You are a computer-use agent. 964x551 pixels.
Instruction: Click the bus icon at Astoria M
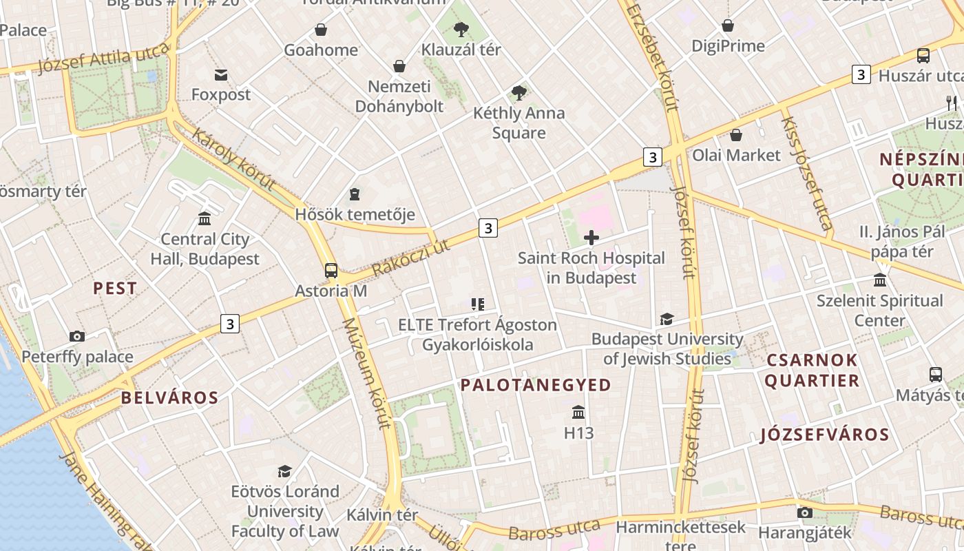[x=331, y=270]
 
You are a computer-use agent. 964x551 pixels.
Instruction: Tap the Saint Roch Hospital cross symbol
[x=591, y=238]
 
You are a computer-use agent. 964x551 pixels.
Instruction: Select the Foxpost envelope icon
[x=221, y=74]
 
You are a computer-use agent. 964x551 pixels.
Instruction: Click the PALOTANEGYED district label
[x=536, y=385]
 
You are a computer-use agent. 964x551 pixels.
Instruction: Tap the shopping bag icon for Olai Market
[x=736, y=135]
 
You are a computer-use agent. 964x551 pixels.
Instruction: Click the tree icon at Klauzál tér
[x=461, y=30]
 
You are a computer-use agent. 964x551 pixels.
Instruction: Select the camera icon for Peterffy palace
[x=77, y=337]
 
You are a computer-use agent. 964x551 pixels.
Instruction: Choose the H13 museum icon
[x=578, y=413]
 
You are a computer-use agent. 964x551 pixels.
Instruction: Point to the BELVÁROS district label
[x=169, y=397]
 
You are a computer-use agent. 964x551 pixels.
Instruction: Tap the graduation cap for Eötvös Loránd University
[x=284, y=471]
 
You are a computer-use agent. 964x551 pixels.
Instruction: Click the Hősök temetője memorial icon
[x=355, y=194]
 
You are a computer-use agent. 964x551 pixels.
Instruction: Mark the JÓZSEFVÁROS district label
[x=825, y=435]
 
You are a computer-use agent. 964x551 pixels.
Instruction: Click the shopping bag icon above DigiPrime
[x=728, y=26]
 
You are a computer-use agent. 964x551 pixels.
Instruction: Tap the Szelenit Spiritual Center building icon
[x=880, y=280]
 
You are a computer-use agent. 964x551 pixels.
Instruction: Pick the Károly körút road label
[x=233, y=160]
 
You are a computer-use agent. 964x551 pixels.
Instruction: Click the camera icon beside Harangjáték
[x=804, y=512]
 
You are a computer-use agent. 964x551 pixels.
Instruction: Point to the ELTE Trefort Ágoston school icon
[x=478, y=304]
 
